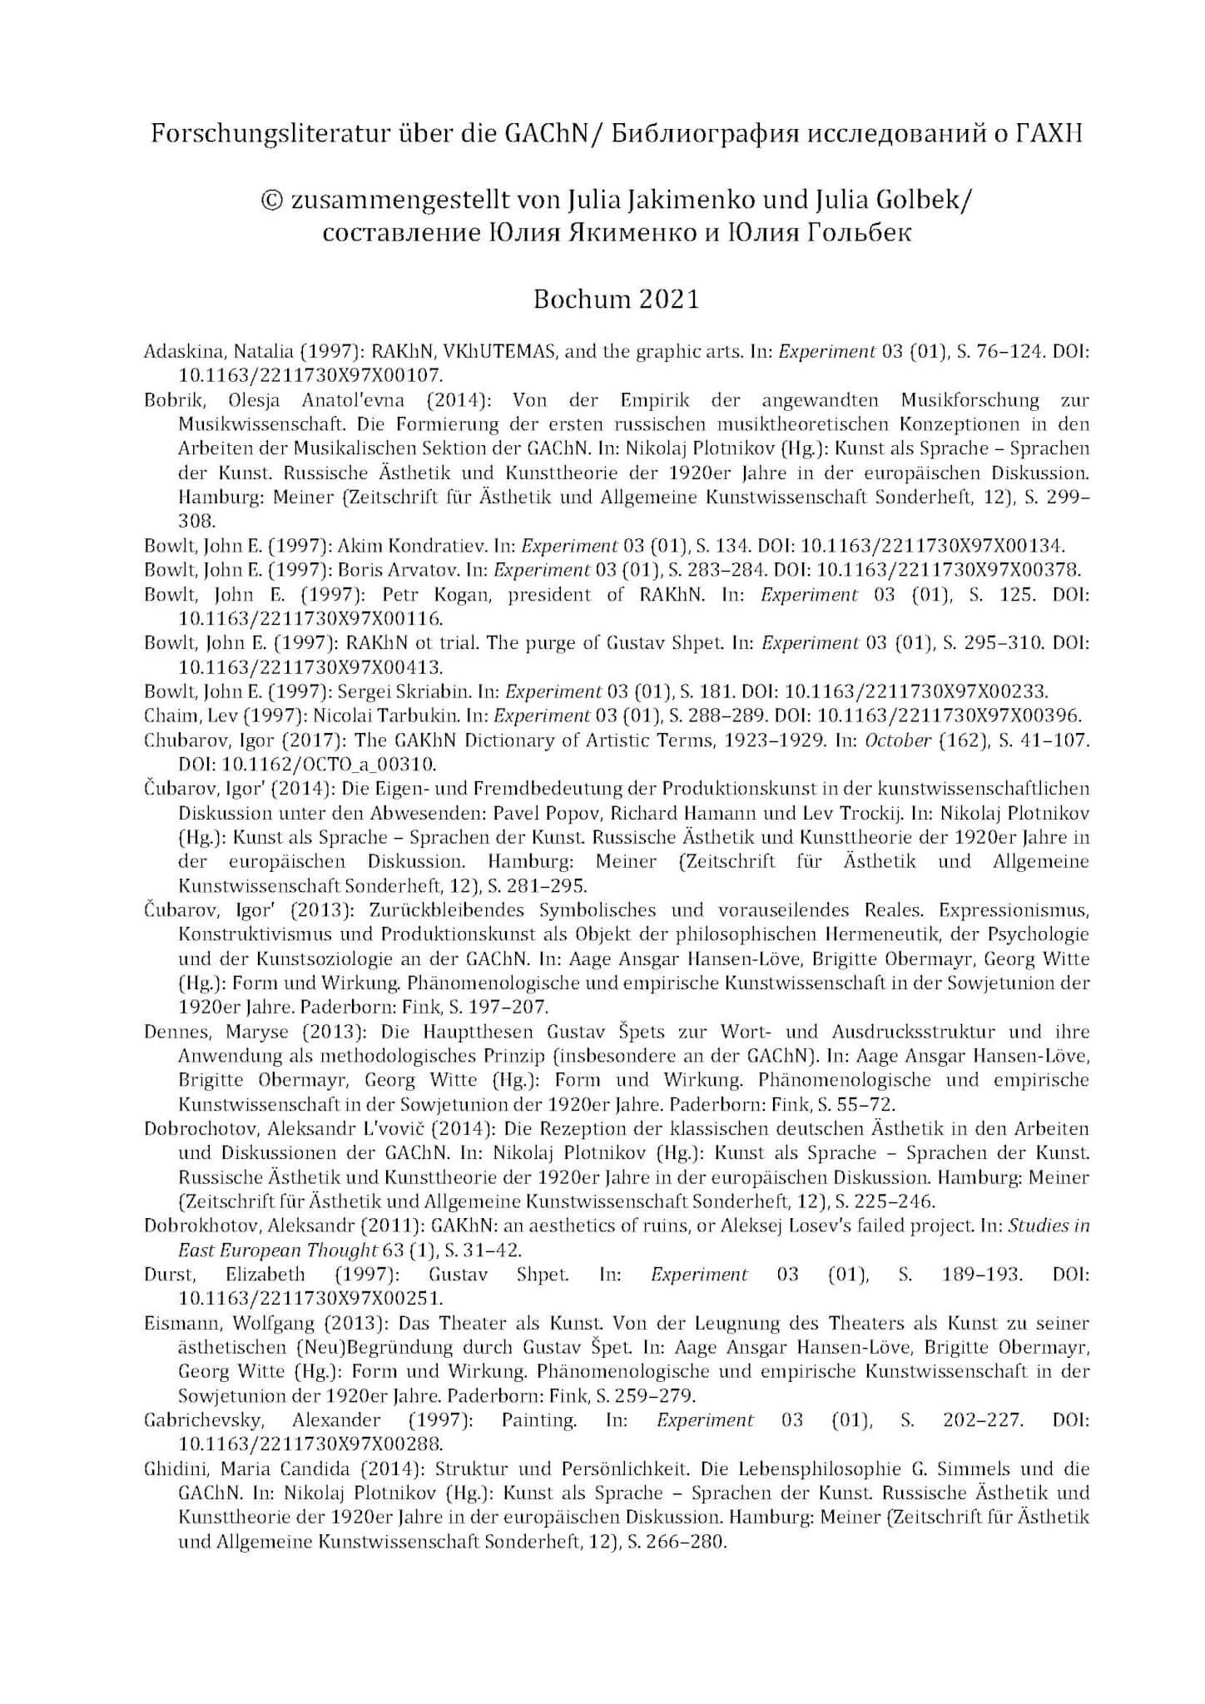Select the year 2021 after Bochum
[669, 299]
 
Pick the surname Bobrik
[169, 400]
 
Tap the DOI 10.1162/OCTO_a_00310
[307, 764]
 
